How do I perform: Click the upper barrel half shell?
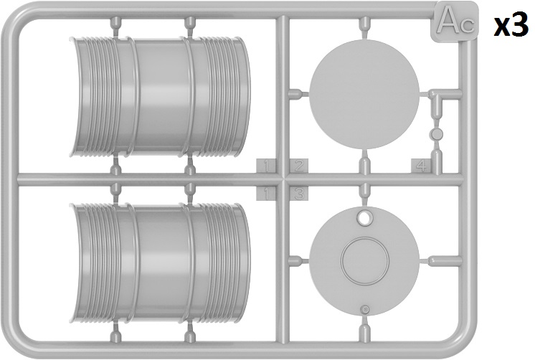(x=160, y=97)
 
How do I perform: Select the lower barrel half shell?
(x=160, y=262)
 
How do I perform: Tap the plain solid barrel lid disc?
(x=364, y=94)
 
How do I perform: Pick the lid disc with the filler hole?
(x=364, y=261)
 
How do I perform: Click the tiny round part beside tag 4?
(x=437, y=134)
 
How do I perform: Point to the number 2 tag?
(x=299, y=166)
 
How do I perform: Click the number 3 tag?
(x=299, y=194)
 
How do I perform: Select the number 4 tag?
(x=422, y=166)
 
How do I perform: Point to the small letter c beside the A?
(x=466, y=27)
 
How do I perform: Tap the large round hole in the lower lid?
(x=364, y=217)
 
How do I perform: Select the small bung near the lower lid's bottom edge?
(x=365, y=310)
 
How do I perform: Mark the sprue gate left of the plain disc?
(x=299, y=93)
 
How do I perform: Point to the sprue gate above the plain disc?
(x=364, y=29)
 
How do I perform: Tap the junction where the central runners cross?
(x=283, y=179)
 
